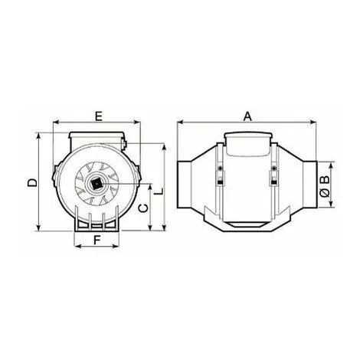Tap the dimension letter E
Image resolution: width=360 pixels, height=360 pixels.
click(97, 116)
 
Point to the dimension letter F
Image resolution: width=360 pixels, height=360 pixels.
click(97, 240)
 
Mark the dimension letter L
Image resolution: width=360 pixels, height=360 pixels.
click(158, 193)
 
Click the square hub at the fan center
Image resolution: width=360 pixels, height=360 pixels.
click(97, 182)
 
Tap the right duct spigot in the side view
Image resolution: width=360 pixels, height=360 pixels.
click(306, 184)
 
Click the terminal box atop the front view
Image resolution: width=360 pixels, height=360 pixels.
click(97, 141)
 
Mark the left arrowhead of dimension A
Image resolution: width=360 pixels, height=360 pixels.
click(180, 123)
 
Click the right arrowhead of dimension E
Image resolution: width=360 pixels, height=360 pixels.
click(135, 123)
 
